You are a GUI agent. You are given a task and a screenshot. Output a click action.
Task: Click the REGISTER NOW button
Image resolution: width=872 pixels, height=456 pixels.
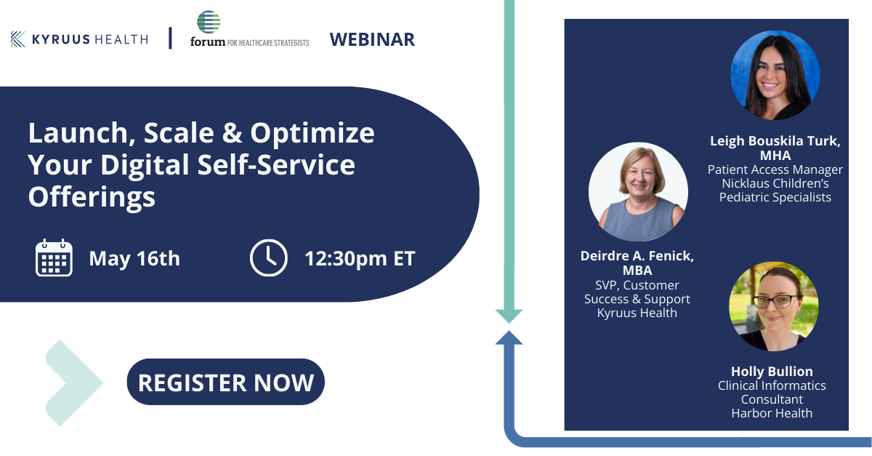pos(225,382)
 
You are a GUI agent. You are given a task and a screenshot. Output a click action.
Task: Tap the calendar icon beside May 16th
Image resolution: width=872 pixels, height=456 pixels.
pos(54,257)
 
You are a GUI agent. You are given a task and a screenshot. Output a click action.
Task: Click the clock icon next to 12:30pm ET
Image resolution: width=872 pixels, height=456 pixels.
pos(268,257)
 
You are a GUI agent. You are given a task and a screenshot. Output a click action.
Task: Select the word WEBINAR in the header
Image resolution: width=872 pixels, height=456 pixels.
pos(372,39)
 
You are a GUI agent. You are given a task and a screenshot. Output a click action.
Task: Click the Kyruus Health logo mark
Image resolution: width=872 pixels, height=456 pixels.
pos(19,39)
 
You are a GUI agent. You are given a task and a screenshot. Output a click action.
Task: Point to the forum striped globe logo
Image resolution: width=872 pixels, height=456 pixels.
pos(209,23)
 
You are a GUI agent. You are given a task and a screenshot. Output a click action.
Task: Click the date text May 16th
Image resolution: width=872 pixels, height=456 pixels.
pos(134,258)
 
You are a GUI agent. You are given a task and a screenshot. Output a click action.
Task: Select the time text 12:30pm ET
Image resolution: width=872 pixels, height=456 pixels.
pos(360,258)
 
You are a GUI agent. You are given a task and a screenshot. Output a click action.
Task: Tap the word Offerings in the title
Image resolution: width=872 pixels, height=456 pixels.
pos(92,196)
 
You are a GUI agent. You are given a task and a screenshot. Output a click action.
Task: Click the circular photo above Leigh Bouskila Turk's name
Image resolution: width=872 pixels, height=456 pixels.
pos(775,75)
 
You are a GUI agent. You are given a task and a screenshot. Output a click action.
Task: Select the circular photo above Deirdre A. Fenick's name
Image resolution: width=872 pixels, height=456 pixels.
pos(638,191)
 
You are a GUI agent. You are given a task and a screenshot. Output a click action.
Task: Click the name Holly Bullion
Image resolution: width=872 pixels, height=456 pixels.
pos(772,371)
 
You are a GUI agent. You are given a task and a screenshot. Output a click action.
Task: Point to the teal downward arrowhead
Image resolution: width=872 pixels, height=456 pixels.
pos(509,315)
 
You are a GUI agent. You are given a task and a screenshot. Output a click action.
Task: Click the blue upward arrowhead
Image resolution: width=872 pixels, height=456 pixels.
pos(509,338)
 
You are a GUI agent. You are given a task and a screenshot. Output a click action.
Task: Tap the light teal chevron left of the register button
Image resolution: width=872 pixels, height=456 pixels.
pos(75,383)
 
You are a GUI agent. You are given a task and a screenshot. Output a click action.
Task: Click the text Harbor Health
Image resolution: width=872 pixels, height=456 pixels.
pos(772,413)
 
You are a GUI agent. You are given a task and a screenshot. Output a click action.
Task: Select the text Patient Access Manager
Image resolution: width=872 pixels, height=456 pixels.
pos(775,169)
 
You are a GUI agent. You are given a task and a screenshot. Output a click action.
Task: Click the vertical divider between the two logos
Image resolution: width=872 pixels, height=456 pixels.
pos(171,39)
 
